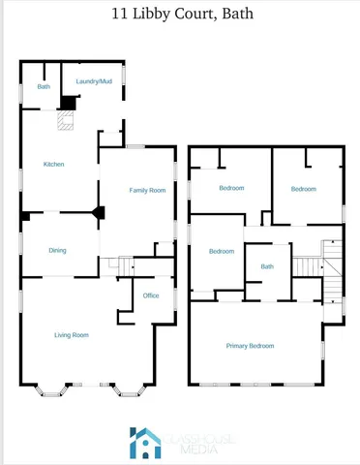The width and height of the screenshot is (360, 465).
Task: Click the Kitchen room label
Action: tap(54, 165)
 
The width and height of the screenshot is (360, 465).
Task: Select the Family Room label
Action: tap(148, 191)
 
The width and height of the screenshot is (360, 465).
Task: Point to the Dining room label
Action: tap(58, 251)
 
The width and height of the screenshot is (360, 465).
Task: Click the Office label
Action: tap(151, 295)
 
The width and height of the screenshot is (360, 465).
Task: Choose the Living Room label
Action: tap(71, 335)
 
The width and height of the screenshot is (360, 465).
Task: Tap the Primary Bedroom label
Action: tap(250, 346)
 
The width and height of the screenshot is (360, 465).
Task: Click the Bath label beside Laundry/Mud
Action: tap(44, 87)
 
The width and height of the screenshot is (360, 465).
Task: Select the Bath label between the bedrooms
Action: tap(267, 266)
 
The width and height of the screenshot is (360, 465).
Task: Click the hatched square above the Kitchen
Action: tap(65, 121)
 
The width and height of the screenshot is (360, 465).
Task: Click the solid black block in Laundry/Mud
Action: tap(69, 102)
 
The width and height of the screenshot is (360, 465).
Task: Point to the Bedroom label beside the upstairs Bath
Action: tap(222, 252)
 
